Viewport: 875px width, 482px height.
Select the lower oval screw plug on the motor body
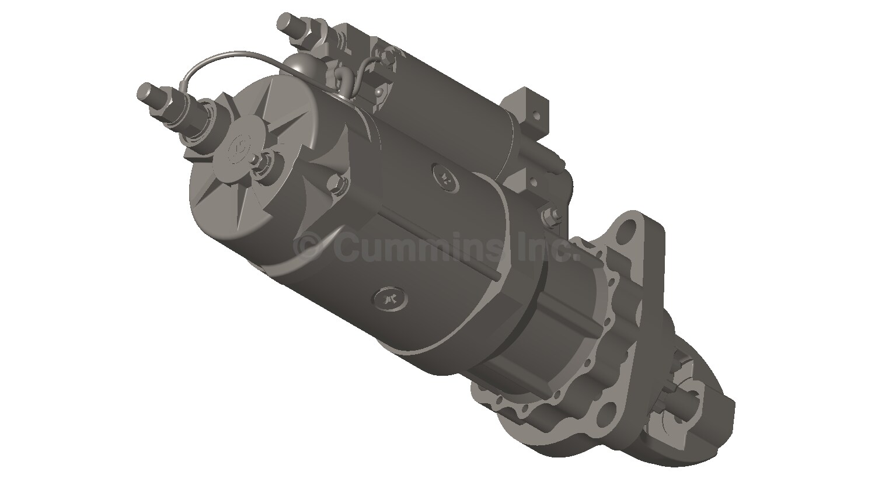coord(389,298)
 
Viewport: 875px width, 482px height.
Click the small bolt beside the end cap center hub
coord(268,159)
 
